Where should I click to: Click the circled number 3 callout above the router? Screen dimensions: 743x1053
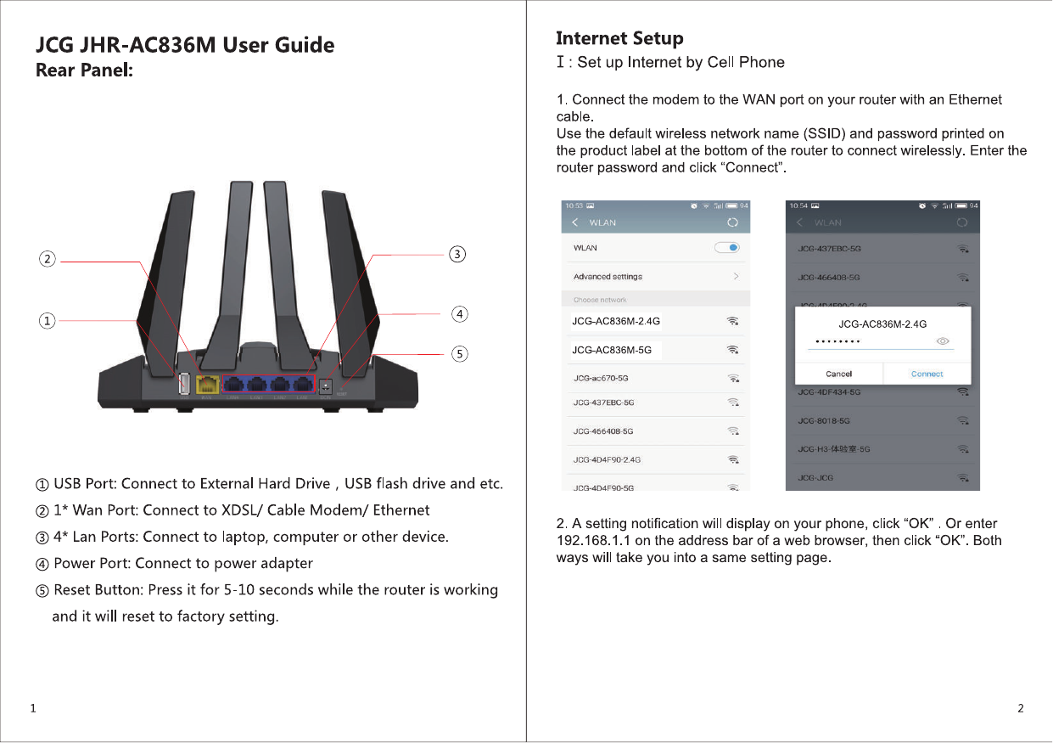[457, 254]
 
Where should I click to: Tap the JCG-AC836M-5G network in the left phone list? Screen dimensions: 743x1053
[612, 350]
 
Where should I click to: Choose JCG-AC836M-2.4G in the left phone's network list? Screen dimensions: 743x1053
[616, 321]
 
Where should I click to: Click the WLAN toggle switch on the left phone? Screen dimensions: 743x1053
[727, 248]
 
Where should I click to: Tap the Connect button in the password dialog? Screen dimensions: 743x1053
[927, 374]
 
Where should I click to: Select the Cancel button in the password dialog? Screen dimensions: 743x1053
[838, 374]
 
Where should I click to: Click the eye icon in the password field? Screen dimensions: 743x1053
[943, 341]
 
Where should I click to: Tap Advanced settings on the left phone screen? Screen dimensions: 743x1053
[608, 277]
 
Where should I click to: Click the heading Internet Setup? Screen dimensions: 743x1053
[619, 38]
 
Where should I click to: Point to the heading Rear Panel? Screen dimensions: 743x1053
[84, 70]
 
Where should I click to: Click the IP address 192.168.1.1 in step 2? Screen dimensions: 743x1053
[592, 541]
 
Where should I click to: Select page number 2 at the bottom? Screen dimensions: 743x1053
[1021, 708]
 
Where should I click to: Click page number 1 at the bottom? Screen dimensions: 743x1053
[32, 708]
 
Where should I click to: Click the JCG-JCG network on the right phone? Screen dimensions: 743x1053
[815, 478]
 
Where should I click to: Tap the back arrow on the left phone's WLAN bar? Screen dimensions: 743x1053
[575, 222]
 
